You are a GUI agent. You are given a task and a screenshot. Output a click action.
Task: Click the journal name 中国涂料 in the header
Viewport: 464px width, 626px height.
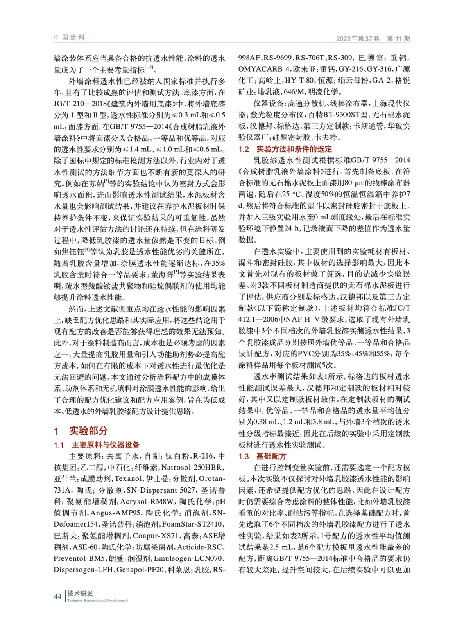pos(69,38)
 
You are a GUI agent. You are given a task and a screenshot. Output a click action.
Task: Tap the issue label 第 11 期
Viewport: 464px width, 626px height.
pos(398,38)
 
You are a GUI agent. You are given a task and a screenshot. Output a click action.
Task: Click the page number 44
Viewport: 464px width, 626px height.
pos(57,596)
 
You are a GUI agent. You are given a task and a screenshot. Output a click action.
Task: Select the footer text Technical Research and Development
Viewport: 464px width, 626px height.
pos(97,600)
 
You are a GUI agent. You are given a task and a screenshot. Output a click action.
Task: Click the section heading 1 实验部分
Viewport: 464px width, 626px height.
pos(81,431)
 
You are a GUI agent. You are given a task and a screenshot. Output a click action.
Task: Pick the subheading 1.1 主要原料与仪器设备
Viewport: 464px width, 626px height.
pos(97,445)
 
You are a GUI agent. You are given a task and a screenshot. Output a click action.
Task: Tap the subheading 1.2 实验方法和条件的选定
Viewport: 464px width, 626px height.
pos(285,149)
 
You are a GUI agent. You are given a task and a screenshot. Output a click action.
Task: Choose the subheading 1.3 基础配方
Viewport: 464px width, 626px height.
pos(262,456)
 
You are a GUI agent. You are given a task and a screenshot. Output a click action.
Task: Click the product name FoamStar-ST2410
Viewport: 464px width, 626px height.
pos(193,524)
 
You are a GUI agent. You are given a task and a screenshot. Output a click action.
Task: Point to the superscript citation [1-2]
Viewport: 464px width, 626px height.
pos(149,68)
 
